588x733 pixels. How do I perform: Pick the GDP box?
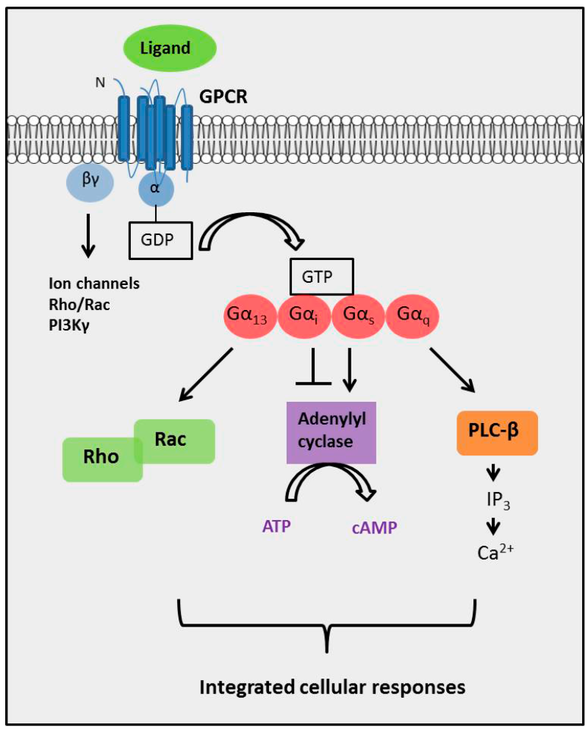click(x=161, y=241)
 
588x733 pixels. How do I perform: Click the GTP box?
click(x=322, y=276)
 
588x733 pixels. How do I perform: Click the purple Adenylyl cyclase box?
click(x=331, y=432)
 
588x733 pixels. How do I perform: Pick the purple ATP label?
click(x=277, y=526)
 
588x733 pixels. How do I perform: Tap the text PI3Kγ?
click(x=75, y=318)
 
